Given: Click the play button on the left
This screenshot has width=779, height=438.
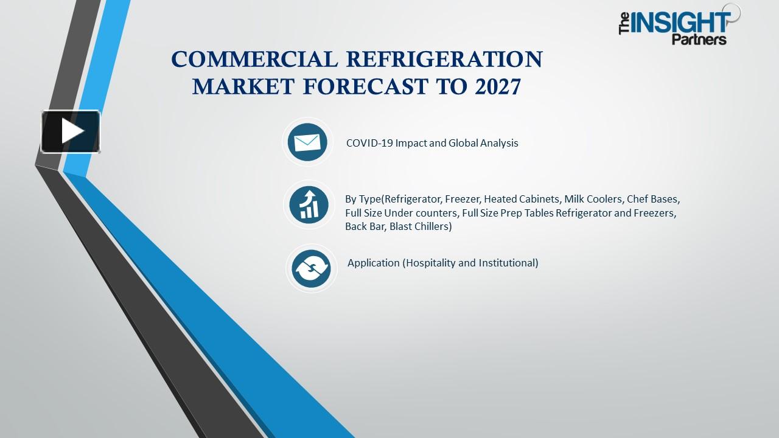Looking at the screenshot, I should click(71, 131).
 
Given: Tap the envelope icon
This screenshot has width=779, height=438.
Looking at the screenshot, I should click(307, 142).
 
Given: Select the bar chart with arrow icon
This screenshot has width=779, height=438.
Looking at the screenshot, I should click(309, 204).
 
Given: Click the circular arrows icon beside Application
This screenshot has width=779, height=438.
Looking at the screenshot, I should click(311, 268).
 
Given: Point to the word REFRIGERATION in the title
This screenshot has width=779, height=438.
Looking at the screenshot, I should click(444, 60).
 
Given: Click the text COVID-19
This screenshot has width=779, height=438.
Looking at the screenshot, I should click(369, 144).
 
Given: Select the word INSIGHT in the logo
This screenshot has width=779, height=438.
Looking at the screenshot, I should click(680, 23).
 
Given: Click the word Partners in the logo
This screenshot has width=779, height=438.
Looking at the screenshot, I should click(699, 40).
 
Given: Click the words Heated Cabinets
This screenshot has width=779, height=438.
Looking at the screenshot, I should click(522, 199).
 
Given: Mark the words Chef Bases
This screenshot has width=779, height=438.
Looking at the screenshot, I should click(655, 199).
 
